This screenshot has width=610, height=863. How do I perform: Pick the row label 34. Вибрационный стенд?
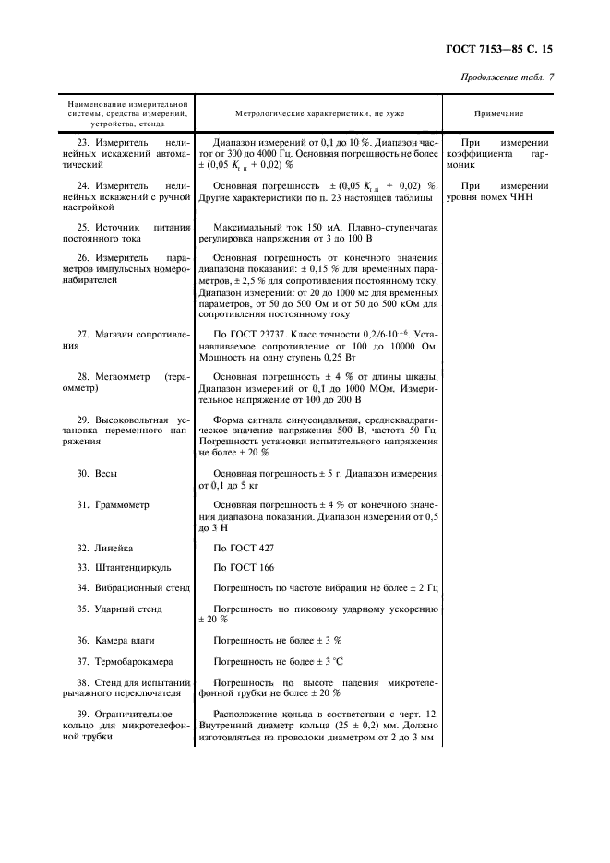coord(133,587)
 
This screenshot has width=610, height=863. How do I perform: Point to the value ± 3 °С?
coord(330,661)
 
